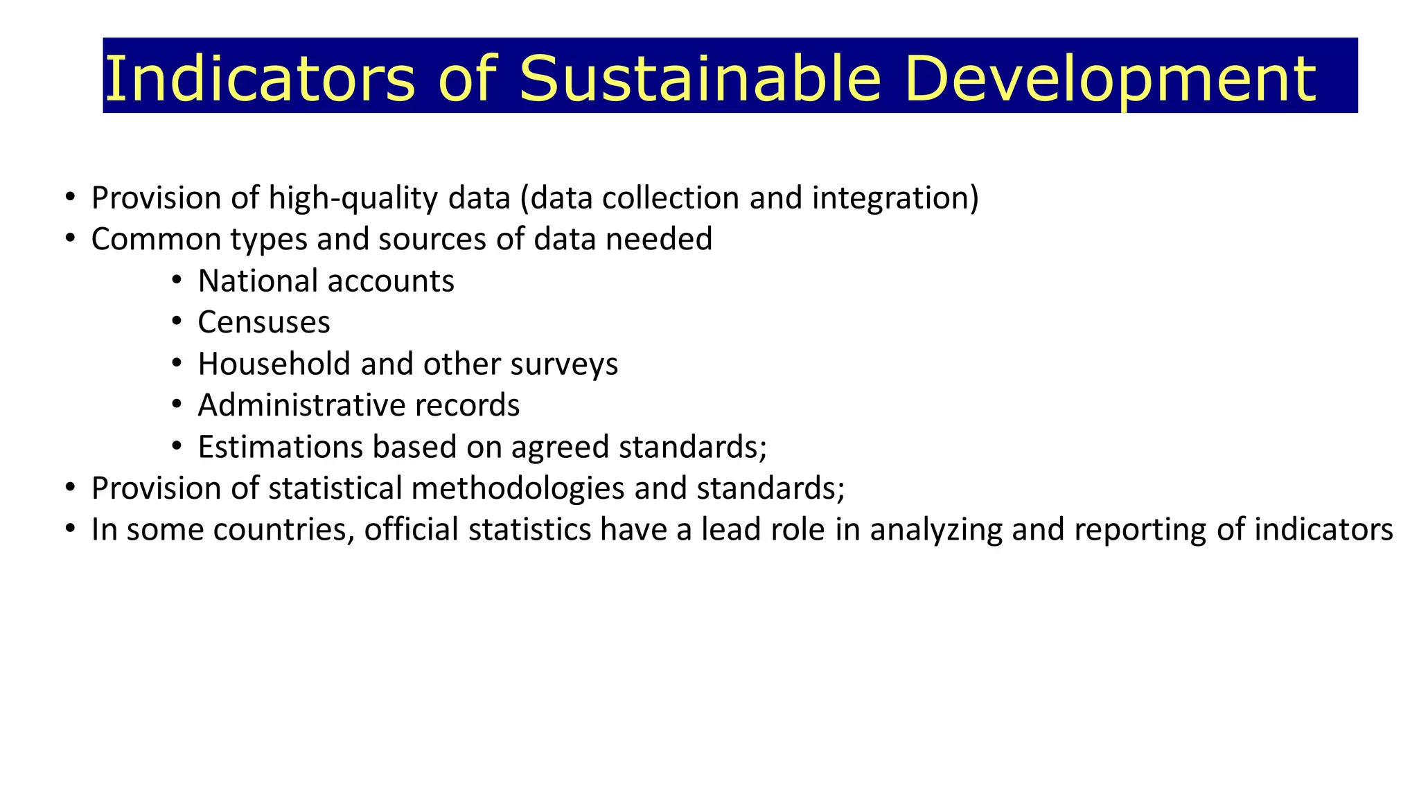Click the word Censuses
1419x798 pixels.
pos(264,323)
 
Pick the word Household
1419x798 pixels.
pos(274,364)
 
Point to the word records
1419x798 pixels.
pos(467,406)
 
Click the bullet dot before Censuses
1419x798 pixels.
pos(177,322)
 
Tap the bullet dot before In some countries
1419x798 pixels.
pos(69,529)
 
